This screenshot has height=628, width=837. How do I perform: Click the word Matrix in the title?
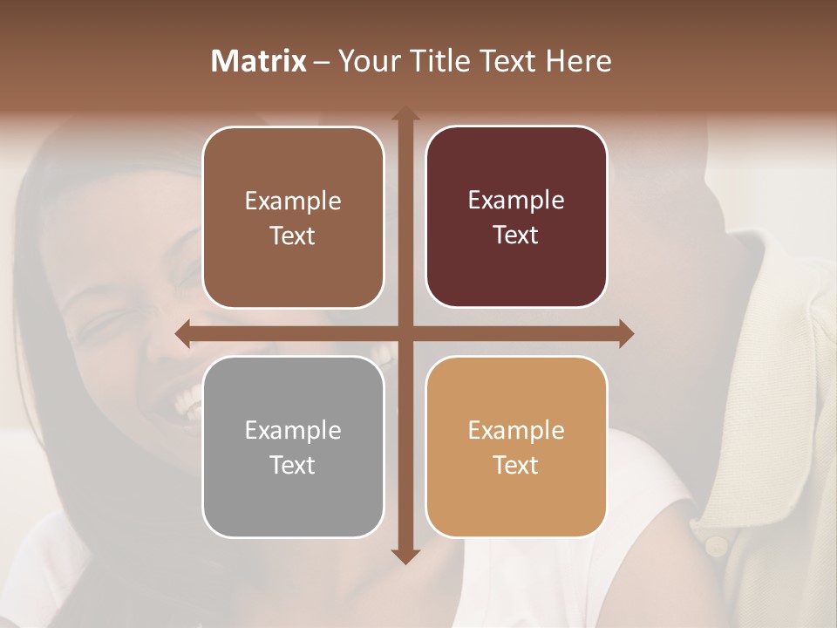(259, 61)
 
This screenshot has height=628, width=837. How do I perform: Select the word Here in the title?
(578, 61)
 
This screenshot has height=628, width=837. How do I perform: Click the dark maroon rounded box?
(516, 217)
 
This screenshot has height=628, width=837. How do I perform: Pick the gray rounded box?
(293, 447)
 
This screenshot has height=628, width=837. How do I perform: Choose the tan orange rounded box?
(516, 447)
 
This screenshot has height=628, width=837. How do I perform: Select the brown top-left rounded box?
(293, 217)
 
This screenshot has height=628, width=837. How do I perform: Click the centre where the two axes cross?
(405, 334)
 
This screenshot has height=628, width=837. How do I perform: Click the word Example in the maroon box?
(516, 201)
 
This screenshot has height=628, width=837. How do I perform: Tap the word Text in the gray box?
(293, 465)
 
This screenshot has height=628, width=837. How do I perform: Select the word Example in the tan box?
(516, 430)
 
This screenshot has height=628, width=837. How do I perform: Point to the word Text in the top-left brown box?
(293, 235)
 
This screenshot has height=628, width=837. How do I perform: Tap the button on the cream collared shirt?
(715, 547)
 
